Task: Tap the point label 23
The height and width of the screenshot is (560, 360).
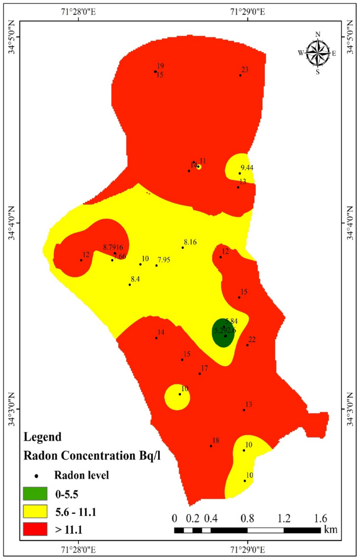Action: [x=244, y=69]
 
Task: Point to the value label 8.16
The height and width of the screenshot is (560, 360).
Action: [x=190, y=242]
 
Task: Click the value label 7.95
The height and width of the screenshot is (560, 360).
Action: [x=164, y=260]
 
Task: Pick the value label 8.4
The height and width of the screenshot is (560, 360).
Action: [x=136, y=279]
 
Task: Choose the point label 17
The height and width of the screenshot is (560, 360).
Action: [x=204, y=368]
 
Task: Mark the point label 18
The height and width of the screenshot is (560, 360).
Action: [x=215, y=440]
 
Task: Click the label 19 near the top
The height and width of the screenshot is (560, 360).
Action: [x=160, y=66]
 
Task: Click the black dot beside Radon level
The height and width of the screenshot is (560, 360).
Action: [x=37, y=476]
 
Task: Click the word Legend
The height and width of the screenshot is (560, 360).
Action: [x=43, y=436]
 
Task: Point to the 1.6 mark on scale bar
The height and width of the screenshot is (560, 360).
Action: [x=320, y=518]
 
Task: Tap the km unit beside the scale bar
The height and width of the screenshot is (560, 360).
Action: [x=331, y=529]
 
